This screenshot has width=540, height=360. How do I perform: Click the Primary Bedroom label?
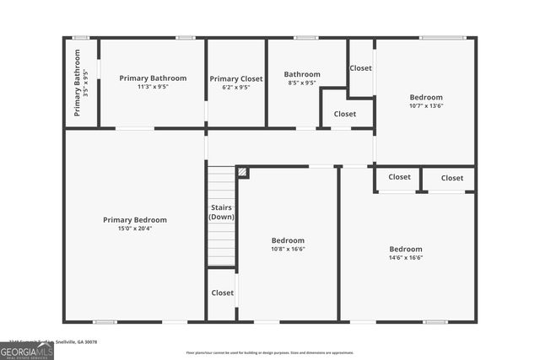pyautogui.click(x=135, y=220)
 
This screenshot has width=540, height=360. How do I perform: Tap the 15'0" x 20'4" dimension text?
pyautogui.click(x=135, y=228)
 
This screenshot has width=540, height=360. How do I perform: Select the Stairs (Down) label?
pyautogui.click(x=222, y=212)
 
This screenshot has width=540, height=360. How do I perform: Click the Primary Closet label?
pyautogui.click(x=236, y=78)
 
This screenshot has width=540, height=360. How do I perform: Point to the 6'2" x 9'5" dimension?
pyautogui.click(x=236, y=87)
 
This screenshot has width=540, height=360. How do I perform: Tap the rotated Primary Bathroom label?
pyautogui.click(x=78, y=82)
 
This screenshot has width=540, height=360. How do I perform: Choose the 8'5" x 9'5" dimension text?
pyautogui.click(x=302, y=83)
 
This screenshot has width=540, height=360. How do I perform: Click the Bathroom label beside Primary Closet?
pyautogui.click(x=302, y=74)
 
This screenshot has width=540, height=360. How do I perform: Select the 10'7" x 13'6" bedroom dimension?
pyautogui.click(x=426, y=106)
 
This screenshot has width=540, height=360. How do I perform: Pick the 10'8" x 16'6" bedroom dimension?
pyautogui.click(x=288, y=249)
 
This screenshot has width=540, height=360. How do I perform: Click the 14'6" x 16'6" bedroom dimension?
pyautogui.click(x=406, y=258)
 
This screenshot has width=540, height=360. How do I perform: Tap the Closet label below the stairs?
pyautogui.click(x=223, y=293)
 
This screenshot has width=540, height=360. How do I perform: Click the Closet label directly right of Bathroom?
pyautogui.click(x=360, y=68)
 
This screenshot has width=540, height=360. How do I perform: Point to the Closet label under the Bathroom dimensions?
pyautogui.click(x=344, y=114)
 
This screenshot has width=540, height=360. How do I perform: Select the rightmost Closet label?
pyautogui.click(x=452, y=178)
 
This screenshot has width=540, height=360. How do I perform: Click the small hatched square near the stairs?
pyautogui.click(x=243, y=172)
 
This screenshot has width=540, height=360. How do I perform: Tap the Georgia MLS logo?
pyautogui.click(x=27, y=351)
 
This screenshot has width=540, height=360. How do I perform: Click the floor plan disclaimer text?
pyautogui.click(x=270, y=353)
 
